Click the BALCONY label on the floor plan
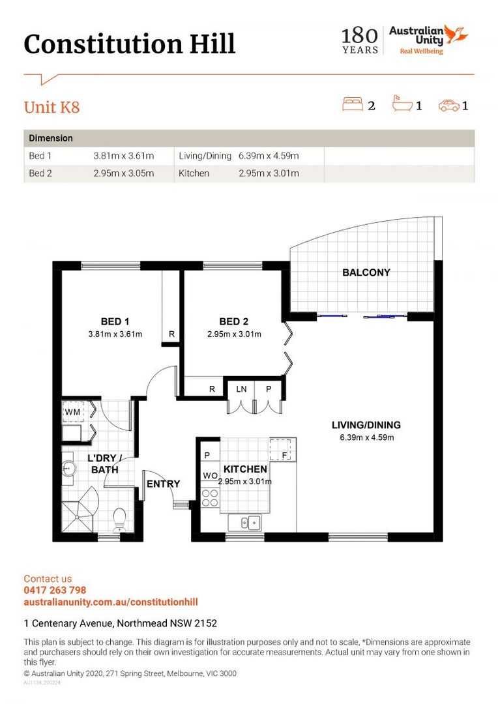(366, 272)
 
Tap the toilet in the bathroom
(119, 520)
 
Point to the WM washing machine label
(72, 412)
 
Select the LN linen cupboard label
(241, 389)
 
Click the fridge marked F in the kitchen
(283, 449)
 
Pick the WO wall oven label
(210, 475)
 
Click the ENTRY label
(164, 484)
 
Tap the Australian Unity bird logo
(456, 34)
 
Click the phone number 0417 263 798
(55, 591)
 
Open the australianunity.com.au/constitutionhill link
(111, 602)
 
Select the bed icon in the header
(353, 104)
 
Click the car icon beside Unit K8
(449, 106)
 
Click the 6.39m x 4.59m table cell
(269, 156)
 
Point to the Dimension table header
(51, 138)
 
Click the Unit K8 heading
(51, 108)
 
